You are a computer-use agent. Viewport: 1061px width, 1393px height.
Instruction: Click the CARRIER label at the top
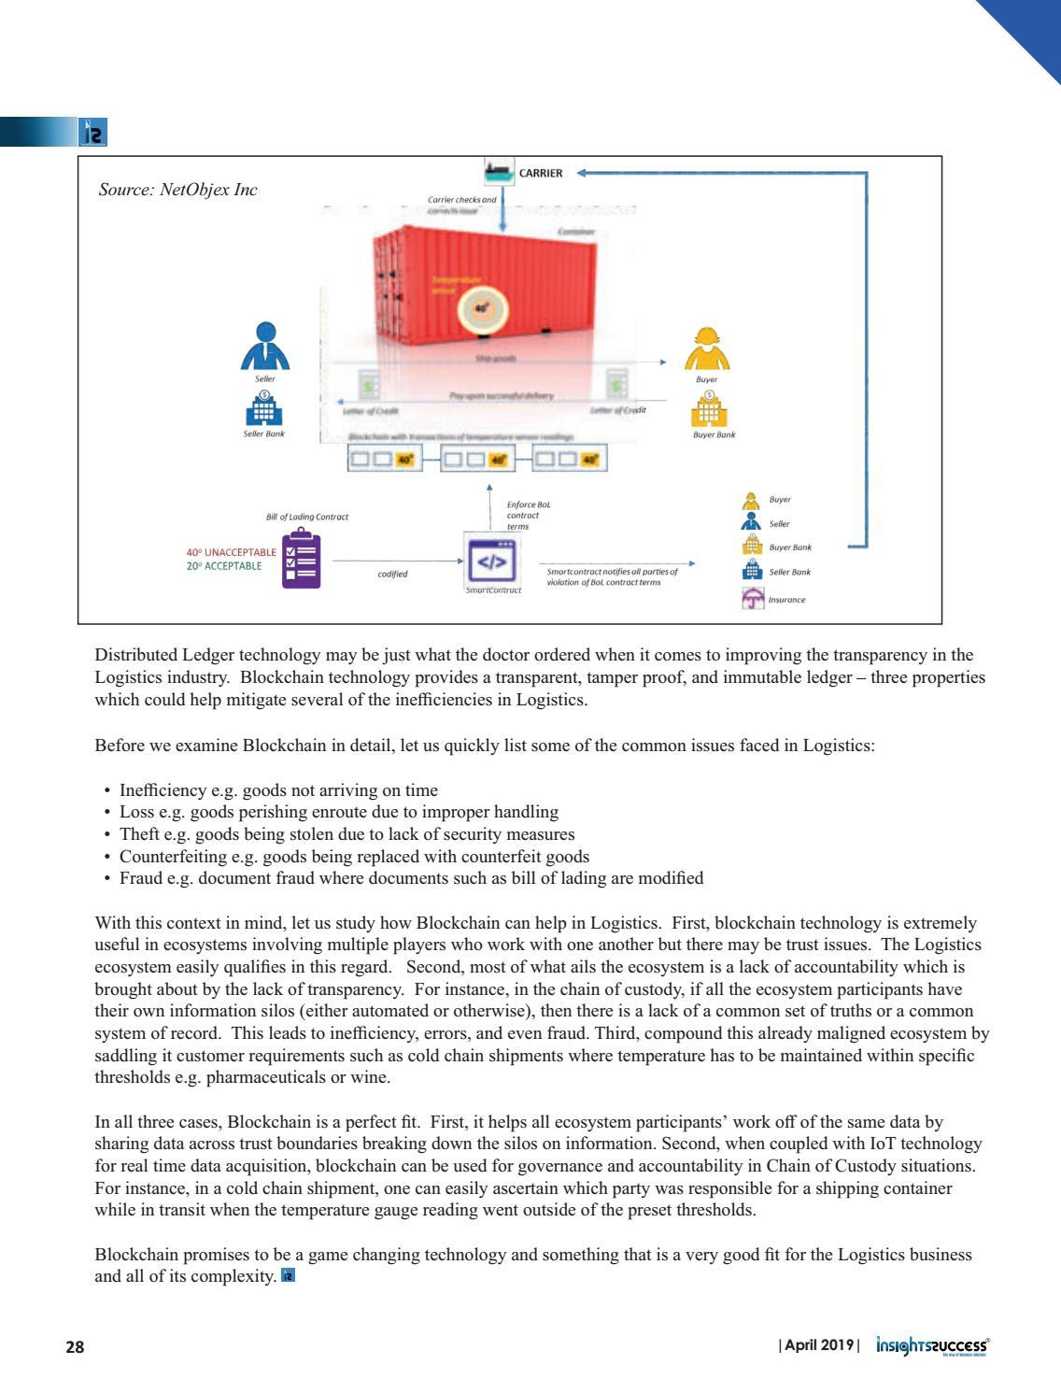[x=541, y=173]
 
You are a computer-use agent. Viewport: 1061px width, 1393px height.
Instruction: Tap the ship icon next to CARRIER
[x=500, y=172]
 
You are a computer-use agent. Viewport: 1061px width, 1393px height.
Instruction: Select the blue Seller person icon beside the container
[x=266, y=347]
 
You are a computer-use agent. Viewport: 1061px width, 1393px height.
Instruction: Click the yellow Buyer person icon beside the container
[x=707, y=348]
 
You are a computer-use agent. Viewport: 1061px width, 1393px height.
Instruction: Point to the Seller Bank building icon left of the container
[x=265, y=408]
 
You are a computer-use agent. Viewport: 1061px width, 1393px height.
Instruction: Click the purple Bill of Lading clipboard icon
[x=301, y=560]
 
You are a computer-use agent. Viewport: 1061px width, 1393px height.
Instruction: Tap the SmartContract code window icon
[x=491, y=561]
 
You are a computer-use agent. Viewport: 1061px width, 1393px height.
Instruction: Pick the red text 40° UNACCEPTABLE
[x=232, y=552]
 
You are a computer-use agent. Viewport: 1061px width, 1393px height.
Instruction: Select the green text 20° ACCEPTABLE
[x=224, y=566]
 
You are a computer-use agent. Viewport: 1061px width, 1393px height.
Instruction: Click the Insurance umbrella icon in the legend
[x=753, y=599]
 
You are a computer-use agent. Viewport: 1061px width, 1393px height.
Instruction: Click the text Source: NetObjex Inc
[x=177, y=191]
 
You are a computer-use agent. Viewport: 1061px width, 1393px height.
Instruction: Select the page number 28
[x=75, y=1347]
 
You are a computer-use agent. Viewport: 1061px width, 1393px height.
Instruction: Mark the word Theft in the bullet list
[x=139, y=834]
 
